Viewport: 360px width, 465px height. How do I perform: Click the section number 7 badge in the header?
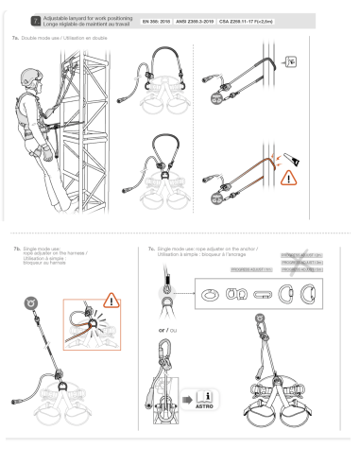[35, 19]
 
